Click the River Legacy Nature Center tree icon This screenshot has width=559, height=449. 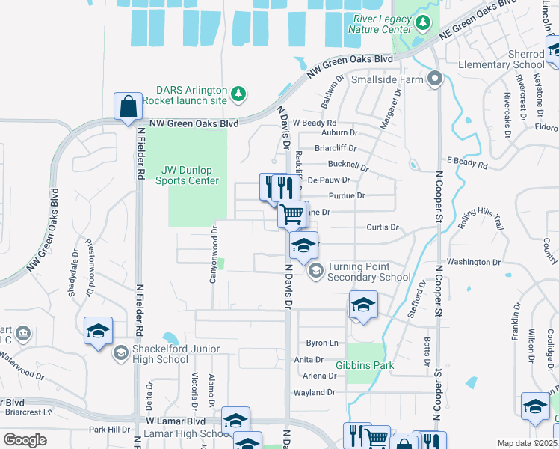click(x=423, y=23)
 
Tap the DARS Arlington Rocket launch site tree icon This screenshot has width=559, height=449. click(x=238, y=94)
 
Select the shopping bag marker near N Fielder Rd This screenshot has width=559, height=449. click(x=128, y=106)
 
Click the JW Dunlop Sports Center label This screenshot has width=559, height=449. click(x=187, y=175)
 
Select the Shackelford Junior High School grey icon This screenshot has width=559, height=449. click(x=120, y=352)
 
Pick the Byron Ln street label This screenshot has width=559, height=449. click(x=322, y=343)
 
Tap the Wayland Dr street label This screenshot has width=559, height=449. click(x=315, y=392)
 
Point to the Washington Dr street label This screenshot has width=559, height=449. click(x=473, y=262)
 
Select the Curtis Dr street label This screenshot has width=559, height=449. click(x=383, y=227)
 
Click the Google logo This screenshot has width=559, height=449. click(x=25, y=439)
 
